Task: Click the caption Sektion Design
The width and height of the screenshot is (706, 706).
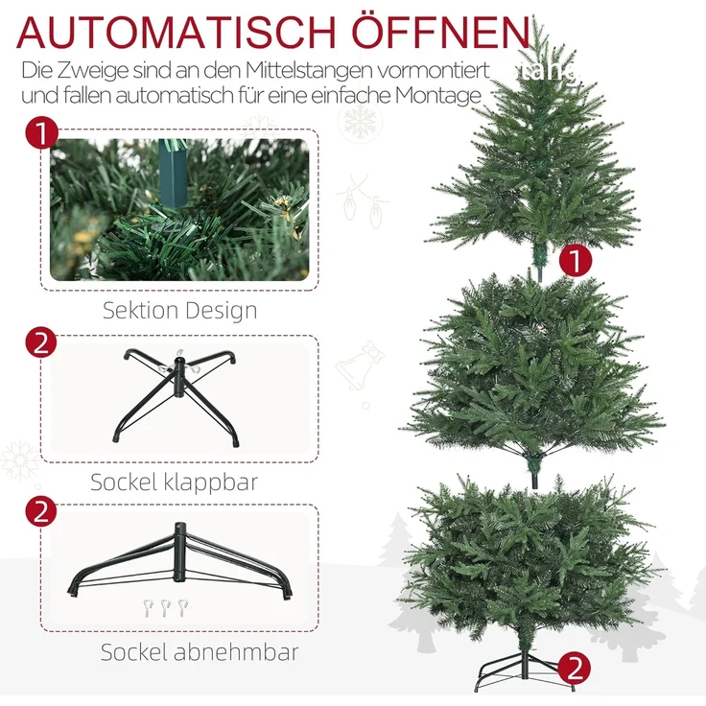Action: (180, 311)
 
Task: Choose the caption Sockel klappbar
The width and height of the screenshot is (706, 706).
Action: (174, 482)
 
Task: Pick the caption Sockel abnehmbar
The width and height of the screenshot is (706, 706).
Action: (200, 653)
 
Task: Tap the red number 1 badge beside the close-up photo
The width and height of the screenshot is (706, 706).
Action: (40, 133)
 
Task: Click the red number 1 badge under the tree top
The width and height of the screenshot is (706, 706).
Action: (574, 260)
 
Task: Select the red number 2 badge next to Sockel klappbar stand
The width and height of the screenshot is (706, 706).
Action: (40, 341)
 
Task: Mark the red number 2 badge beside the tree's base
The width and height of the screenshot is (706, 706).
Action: (573, 667)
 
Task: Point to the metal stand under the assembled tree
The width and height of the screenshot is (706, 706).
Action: (525, 676)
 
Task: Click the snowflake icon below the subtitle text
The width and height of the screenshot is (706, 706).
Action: (361, 124)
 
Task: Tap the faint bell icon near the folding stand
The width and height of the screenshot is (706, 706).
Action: (361, 366)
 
